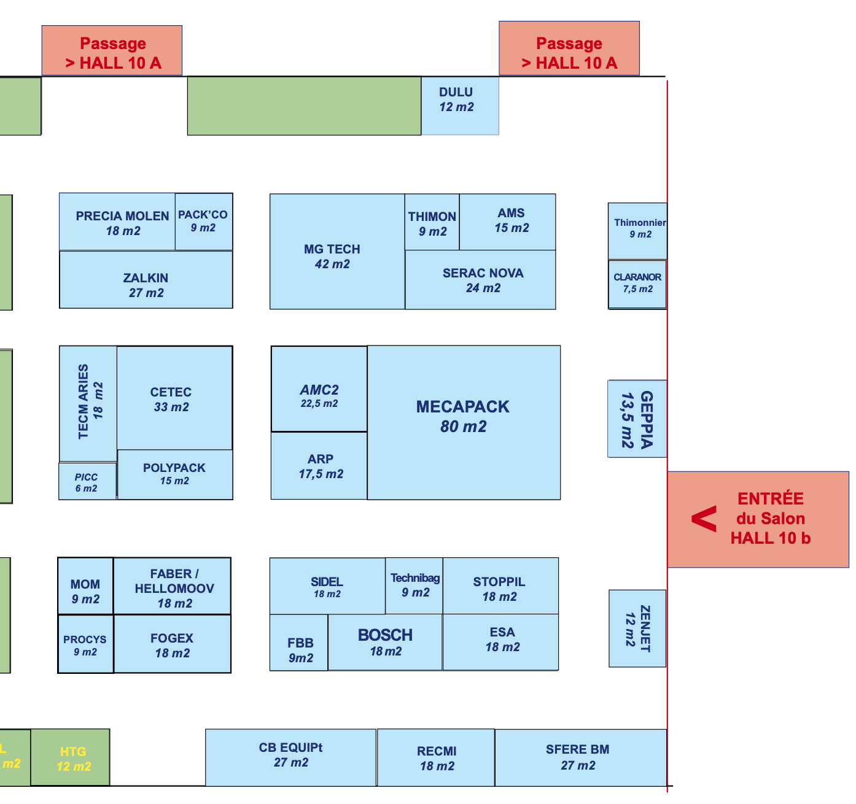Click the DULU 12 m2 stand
[x=460, y=106]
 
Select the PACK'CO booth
[x=204, y=222]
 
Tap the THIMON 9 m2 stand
[x=432, y=222]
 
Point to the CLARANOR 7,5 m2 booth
[x=637, y=284]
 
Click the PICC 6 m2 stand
[x=87, y=481]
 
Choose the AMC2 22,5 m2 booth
[x=319, y=388]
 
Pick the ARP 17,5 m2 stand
[x=319, y=466]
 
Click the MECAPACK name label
[x=462, y=407]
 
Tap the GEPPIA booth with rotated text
[x=637, y=419]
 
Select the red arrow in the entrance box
[x=704, y=519]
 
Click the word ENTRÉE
[x=770, y=498]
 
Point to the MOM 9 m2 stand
[x=85, y=586]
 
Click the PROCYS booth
[x=86, y=644]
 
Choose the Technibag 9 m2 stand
[x=414, y=586]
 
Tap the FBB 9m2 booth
[x=299, y=643]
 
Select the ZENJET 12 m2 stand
[x=637, y=628]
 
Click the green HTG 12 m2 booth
[x=70, y=757]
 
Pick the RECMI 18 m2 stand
[x=436, y=757]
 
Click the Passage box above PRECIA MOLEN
[x=112, y=50]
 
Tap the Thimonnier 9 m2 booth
[x=637, y=231]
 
